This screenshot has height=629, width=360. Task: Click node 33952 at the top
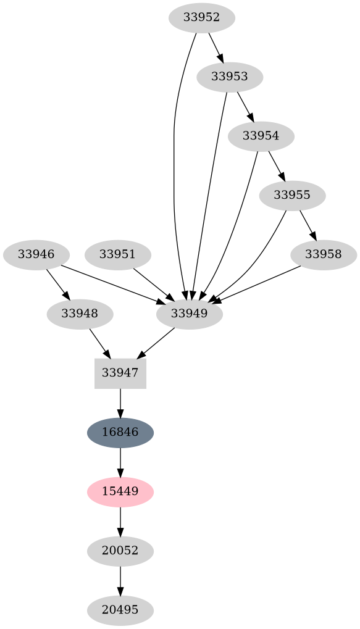pyautogui.click(x=201, y=17)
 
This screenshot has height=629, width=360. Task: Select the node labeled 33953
pyautogui.click(x=230, y=77)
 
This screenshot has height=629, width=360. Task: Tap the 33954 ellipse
pyautogui.click(x=261, y=136)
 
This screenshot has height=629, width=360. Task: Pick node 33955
pyautogui.click(x=292, y=196)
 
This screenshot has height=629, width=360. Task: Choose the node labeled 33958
pyautogui.click(x=323, y=254)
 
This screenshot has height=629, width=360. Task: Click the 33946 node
pyautogui.click(x=36, y=254)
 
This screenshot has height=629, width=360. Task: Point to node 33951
pyautogui.click(x=117, y=254)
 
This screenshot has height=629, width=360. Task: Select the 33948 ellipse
pyautogui.click(x=80, y=314)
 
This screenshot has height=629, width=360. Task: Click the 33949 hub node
pyautogui.click(x=189, y=314)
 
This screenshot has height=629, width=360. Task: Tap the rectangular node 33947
pyautogui.click(x=120, y=373)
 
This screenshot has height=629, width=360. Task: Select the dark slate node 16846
pyautogui.click(x=120, y=432)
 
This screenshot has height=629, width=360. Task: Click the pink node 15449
pyautogui.click(x=120, y=491)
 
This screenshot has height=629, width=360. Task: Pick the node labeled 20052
pyautogui.click(x=120, y=551)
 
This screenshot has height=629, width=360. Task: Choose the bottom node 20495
pyautogui.click(x=120, y=610)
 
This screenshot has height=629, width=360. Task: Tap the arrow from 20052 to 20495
pyautogui.click(x=120, y=580)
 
